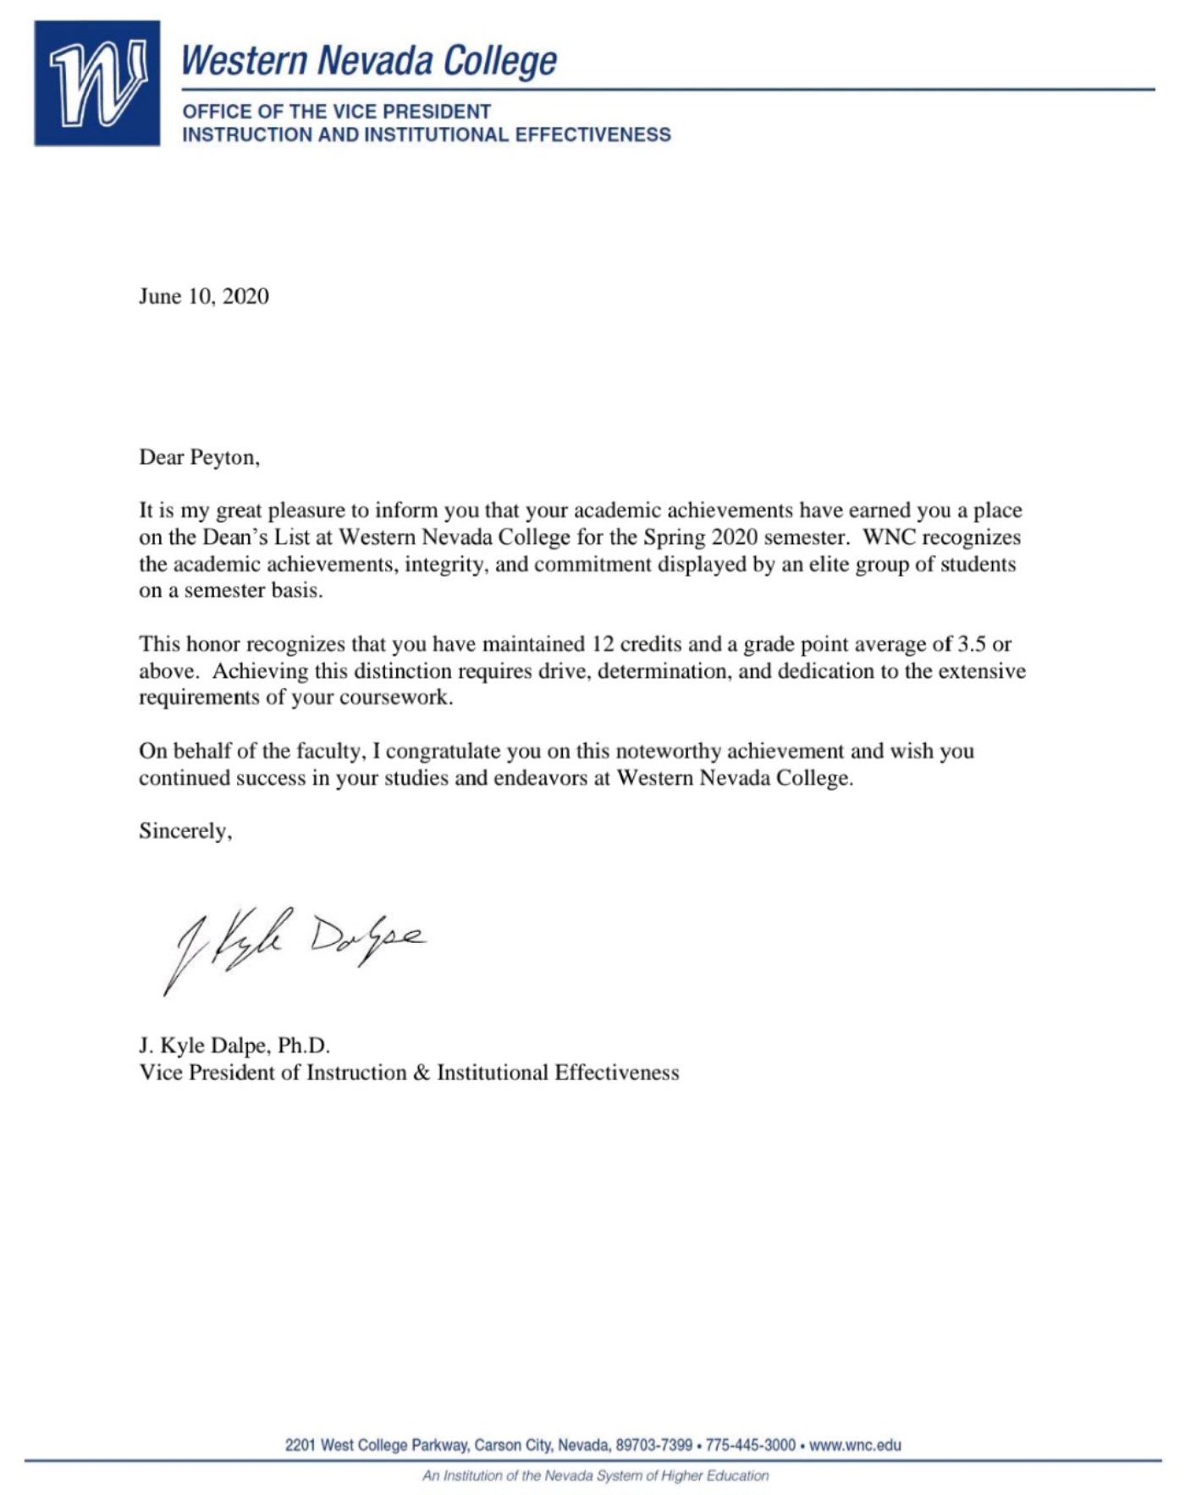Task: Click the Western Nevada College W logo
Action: click(97, 83)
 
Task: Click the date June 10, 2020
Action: click(204, 296)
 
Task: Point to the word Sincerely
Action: click(184, 831)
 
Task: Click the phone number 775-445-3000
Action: click(750, 1445)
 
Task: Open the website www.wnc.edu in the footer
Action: click(855, 1445)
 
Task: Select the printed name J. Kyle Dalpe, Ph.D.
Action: click(234, 1045)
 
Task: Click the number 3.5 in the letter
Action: click(972, 644)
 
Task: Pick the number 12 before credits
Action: click(603, 644)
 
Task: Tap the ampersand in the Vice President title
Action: click(422, 1073)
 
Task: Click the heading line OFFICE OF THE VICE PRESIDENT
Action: click(336, 112)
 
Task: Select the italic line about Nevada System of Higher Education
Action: click(595, 1476)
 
